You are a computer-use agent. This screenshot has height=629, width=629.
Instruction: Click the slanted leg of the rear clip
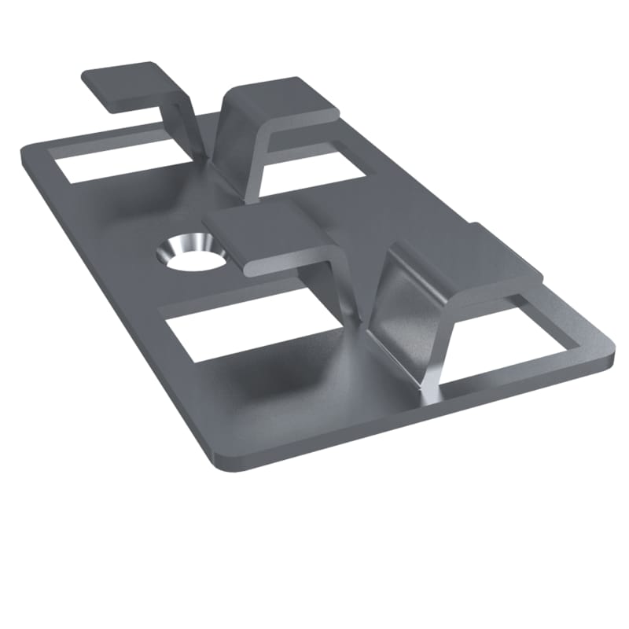pos(236,149)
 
